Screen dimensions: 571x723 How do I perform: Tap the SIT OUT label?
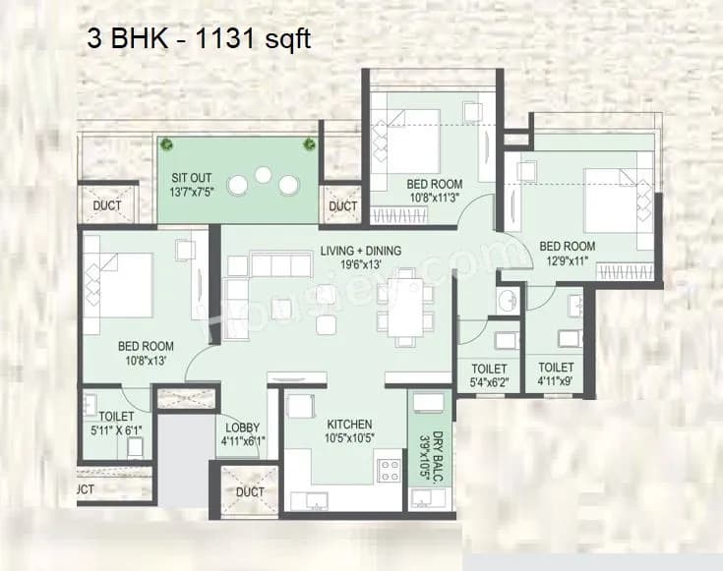pos(185,178)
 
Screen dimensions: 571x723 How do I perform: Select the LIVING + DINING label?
pos(360,251)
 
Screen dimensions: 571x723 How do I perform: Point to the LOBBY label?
pos(242,428)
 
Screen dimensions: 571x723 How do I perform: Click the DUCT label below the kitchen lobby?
pos(251,491)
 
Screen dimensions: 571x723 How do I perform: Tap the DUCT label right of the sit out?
pos(342,206)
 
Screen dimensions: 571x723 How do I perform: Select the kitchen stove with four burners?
pos(389,470)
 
